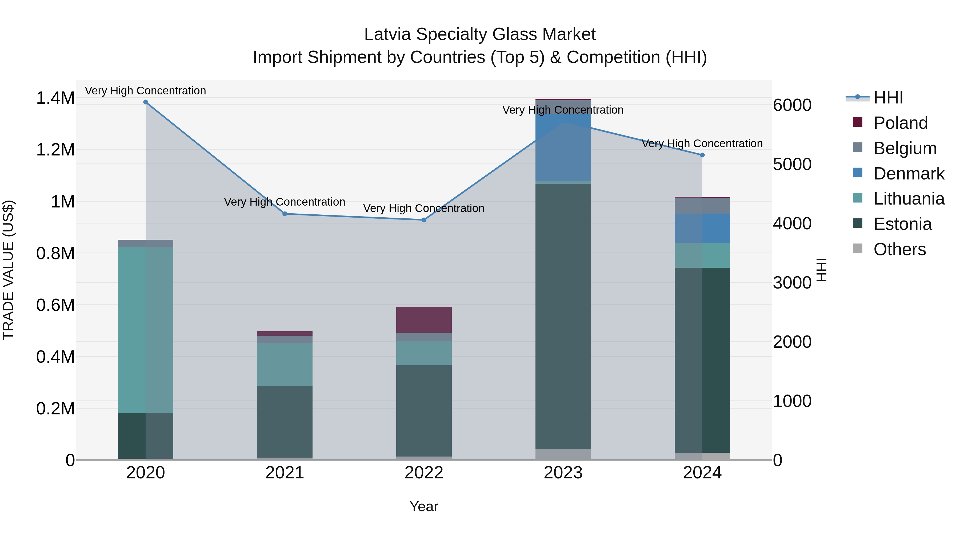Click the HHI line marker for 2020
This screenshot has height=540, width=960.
146,102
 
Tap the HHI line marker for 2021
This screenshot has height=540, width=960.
285,214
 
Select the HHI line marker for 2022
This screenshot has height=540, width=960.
424,220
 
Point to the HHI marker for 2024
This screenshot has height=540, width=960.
702,155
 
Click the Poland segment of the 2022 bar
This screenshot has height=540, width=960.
424,320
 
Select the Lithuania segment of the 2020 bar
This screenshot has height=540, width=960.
146,330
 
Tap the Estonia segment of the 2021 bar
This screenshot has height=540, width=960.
285,422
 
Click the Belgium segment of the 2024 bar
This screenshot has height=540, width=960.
702,206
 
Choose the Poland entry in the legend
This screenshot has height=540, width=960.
900,123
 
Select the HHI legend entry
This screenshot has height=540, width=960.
888,98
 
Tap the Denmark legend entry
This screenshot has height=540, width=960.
909,174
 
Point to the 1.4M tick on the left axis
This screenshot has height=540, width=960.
55,98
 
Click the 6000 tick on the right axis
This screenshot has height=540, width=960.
792,105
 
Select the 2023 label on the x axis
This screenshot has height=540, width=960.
563,473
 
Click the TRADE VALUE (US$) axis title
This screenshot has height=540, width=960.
8,270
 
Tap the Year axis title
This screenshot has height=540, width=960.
424,506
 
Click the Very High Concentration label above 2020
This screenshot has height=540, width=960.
145,91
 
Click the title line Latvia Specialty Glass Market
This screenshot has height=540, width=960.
480,34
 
